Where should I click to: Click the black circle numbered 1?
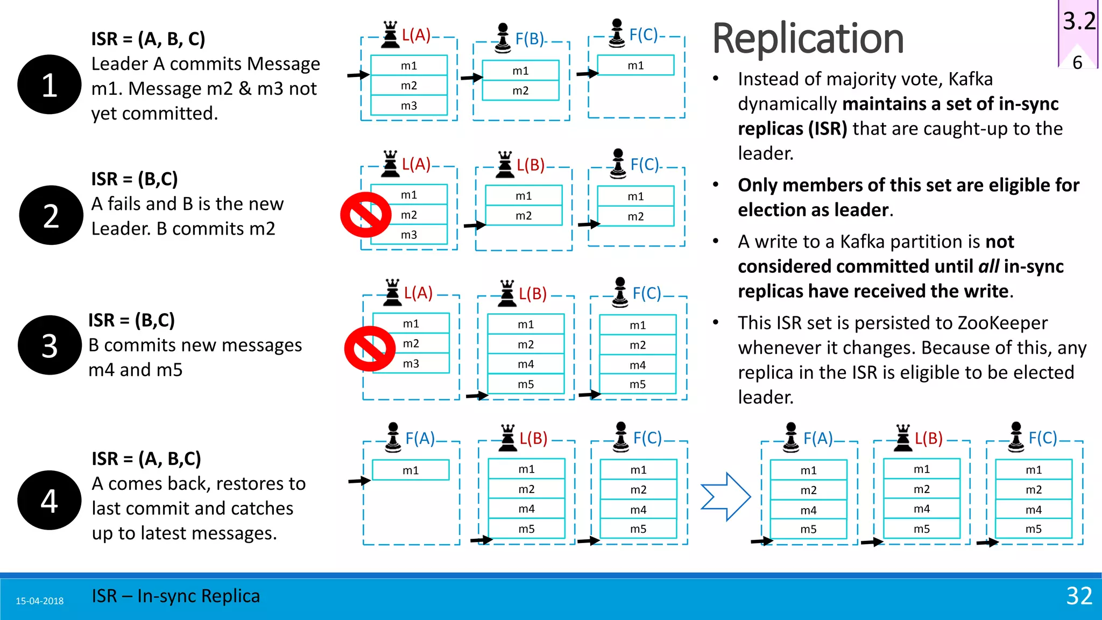[x=50, y=84]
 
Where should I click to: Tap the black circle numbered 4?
[x=50, y=500]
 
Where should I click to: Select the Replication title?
[x=808, y=39]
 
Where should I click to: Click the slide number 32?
[x=1079, y=596]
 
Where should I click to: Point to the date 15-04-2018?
[x=39, y=601]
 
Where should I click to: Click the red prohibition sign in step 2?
[x=366, y=215]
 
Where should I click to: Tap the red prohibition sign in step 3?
[x=370, y=348]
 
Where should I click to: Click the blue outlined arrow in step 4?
[x=725, y=496]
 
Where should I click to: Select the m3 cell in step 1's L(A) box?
[x=409, y=105]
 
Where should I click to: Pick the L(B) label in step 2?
[x=531, y=165]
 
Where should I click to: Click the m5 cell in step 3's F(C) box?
[x=638, y=384]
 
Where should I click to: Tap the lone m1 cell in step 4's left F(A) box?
[x=411, y=470]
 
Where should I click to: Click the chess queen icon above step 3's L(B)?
[x=507, y=293]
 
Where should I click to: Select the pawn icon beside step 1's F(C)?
[x=617, y=33]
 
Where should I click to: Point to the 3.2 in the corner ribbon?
[x=1079, y=22]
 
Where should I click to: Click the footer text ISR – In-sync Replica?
[x=175, y=596]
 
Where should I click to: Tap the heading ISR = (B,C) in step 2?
[x=135, y=179]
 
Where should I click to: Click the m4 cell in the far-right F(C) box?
[x=1033, y=509]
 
